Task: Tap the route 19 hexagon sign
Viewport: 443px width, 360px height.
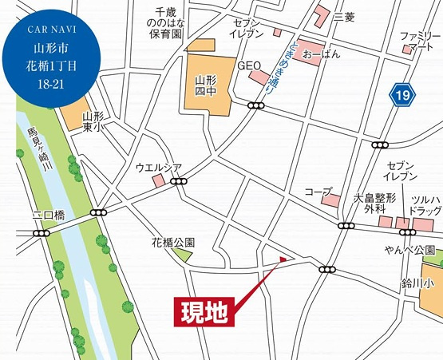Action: (403, 96)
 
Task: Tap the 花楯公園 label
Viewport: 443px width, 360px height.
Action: (173, 242)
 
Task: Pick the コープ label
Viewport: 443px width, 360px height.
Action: (318, 192)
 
